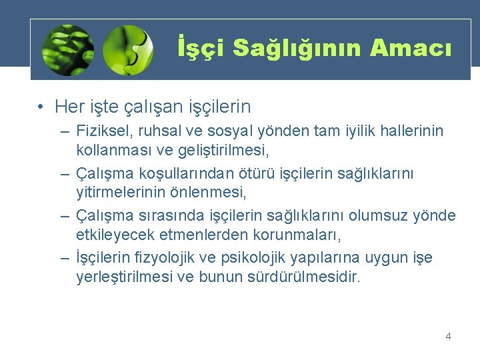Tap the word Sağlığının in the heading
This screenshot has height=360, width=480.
pos(295,47)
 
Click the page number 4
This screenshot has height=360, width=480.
pos(448,336)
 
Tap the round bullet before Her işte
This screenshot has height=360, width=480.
pos(41,106)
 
